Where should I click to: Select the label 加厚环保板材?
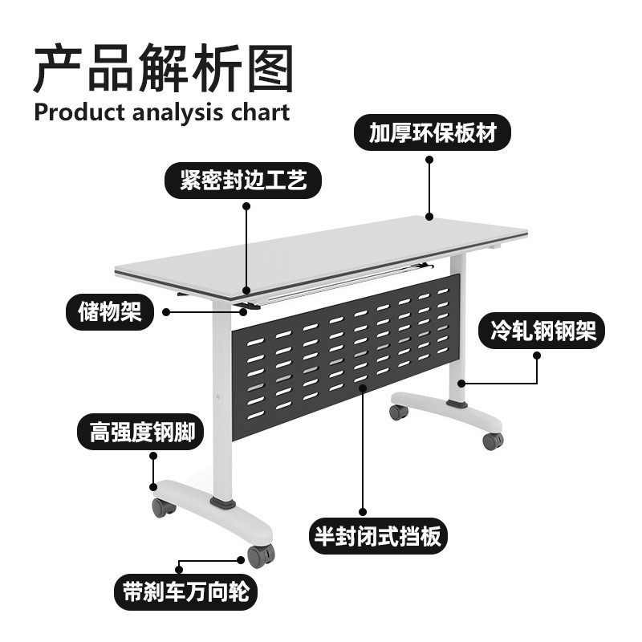(x=429, y=133)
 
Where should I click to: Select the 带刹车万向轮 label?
(x=185, y=591)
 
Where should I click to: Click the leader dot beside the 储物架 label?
(x=166, y=311)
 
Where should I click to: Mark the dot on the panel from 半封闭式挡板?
(x=363, y=388)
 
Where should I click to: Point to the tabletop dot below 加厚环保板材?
(x=429, y=214)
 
